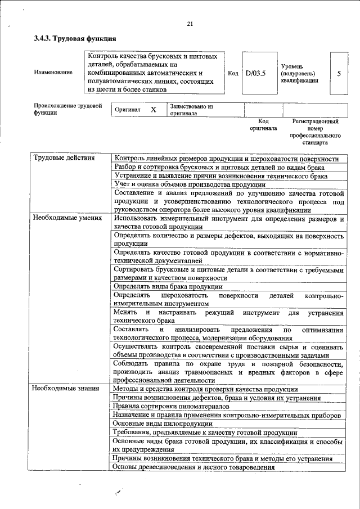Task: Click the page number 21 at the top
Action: (x=190, y=23)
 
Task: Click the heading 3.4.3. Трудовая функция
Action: (x=75, y=39)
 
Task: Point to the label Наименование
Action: (x=53, y=73)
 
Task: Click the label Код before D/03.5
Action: (x=233, y=73)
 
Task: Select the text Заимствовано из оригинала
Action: (x=191, y=109)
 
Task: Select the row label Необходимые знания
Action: (x=65, y=388)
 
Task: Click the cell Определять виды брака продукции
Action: (x=168, y=286)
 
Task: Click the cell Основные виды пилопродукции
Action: (x=163, y=423)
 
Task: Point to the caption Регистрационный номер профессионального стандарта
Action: (x=316, y=132)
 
